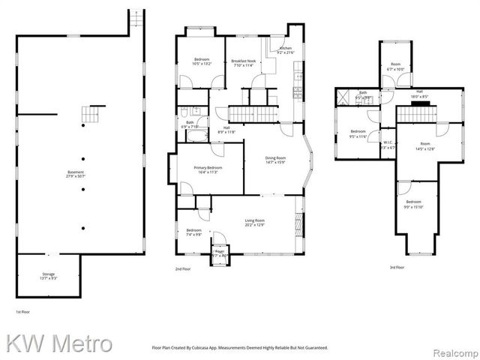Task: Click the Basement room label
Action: (x=76, y=175)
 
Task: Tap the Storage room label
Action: (x=49, y=276)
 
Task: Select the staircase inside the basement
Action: (x=89, y=115)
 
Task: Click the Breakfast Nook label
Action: (x=244, y=63)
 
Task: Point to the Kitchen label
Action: (x=285, y=50)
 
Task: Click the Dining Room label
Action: (x=275, y=160)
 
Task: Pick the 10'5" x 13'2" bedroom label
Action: (x=202, y=61)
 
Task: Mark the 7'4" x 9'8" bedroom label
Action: (x=193, y=232)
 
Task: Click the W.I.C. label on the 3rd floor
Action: (x=388, y=145)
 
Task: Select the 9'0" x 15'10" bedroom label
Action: (x=414, y=205)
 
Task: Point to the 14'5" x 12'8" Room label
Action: (x=425, y=146)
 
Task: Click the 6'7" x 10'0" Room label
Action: (x=394, y=67)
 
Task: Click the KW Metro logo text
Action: (x=60, y=343)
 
